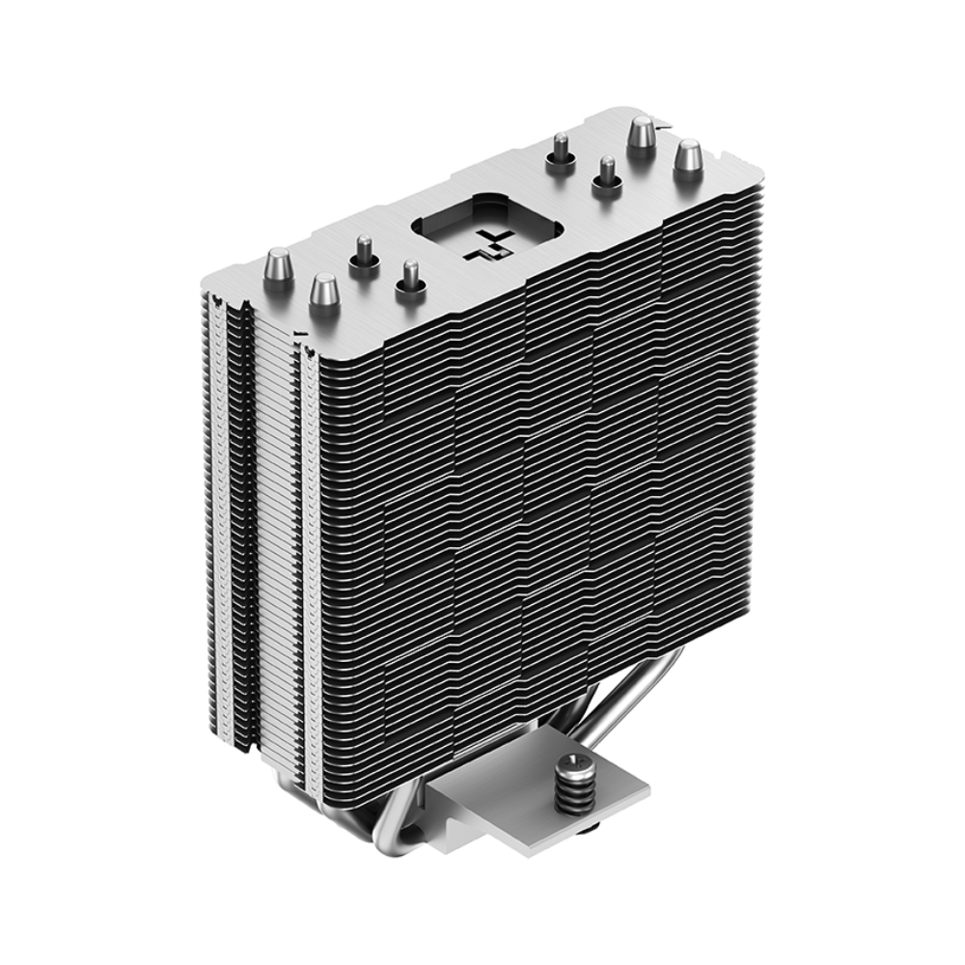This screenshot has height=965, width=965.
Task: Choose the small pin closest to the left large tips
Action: tap(364, 253)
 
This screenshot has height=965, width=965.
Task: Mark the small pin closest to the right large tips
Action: tap(606, 176)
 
